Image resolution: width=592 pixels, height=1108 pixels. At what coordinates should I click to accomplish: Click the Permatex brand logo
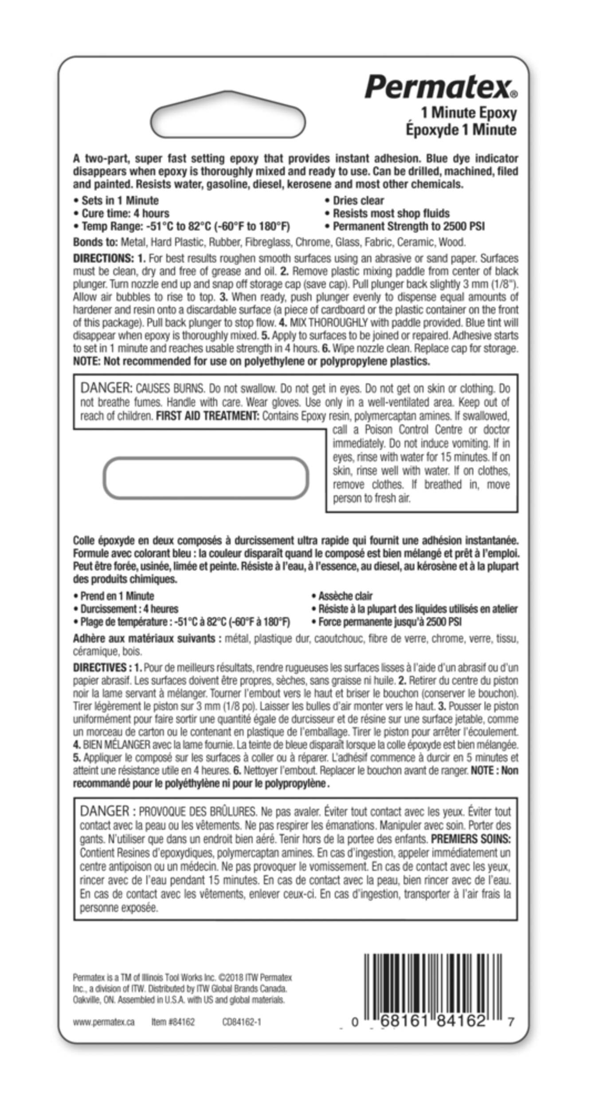tap(441, 87)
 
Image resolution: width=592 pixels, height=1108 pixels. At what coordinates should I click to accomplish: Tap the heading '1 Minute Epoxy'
tap(469, 113)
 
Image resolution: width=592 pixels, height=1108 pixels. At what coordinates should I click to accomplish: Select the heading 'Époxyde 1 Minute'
tap(461, 130)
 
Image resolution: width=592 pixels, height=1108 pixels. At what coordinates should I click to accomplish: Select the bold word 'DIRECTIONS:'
tap(103, 258)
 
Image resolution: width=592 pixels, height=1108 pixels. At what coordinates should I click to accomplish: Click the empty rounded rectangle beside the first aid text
tap(205, 478)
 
